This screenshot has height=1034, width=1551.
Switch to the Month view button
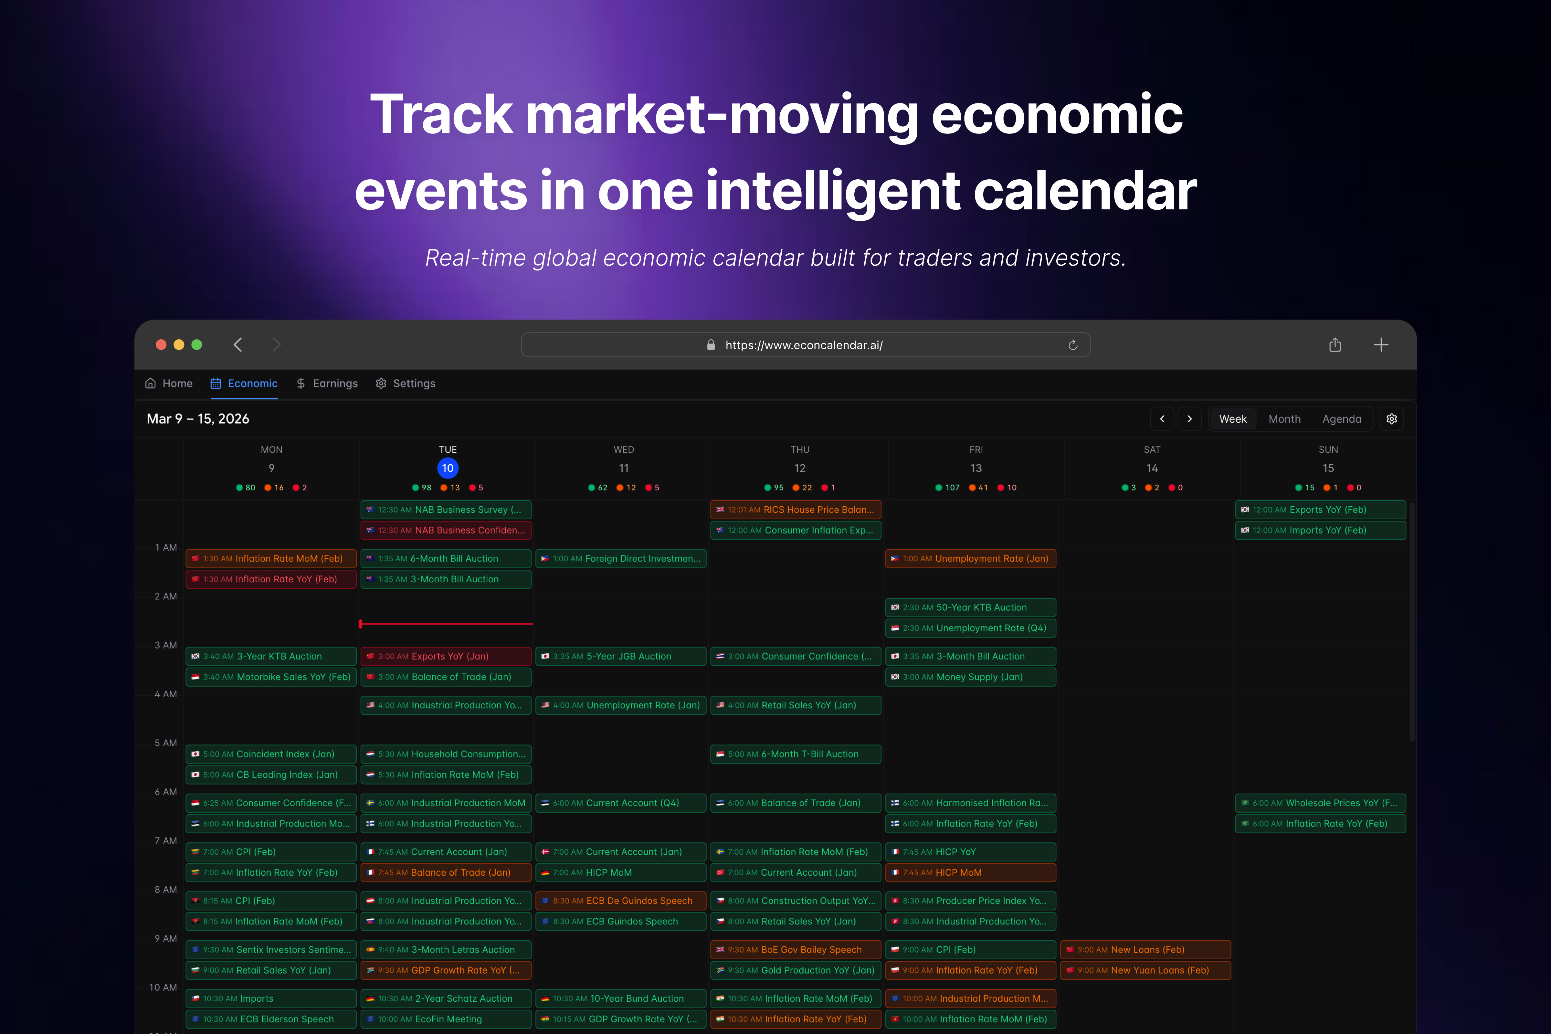click(x=1284, y=419)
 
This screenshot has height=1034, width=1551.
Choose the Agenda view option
click(x=1341, y=419)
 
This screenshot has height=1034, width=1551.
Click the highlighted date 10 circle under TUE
click(x=448, y=468)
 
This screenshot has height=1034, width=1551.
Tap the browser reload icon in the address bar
click(x=1073, y=345)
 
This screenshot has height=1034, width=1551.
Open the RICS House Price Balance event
click(x=795, y=510)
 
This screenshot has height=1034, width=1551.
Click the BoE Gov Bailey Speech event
click(x=795, y=950)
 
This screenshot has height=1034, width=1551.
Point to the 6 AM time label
click(x=165, y=792)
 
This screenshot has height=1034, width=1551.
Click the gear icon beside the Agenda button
click(x=1391, y=419)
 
